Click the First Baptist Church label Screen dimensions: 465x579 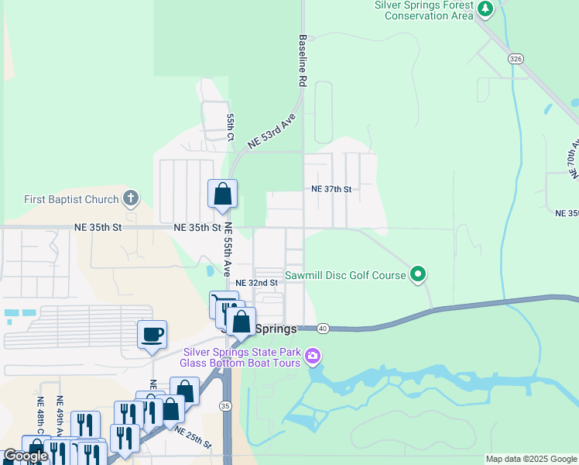click(71, 199)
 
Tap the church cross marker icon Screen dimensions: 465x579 click(131, 199)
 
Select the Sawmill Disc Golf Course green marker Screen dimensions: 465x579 click(418, 274)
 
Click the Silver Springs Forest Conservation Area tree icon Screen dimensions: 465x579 click(485, 9)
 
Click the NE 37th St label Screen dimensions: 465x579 click(331, 189)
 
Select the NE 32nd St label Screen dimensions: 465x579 click(256, 283)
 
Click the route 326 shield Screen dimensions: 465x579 click(516, 58)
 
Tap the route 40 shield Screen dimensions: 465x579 click(323, 329)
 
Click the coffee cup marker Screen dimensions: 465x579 click(152, 335)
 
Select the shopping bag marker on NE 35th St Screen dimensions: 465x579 click(222, 195)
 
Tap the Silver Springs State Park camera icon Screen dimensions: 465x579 click(313, 356)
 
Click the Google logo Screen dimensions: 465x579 click(26, 456)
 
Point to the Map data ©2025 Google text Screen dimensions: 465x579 click(531, 459)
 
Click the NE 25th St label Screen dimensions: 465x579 click(193, 436)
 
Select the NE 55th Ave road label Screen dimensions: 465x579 click(228, 250)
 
